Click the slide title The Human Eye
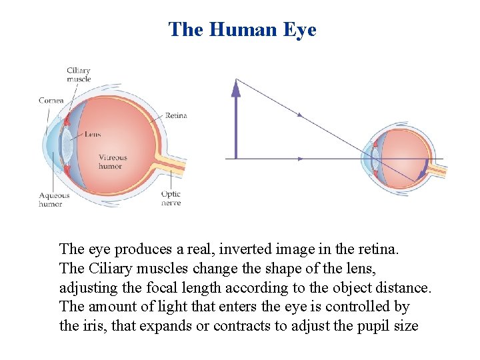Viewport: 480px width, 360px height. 242,29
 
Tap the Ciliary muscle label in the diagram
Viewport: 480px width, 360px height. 79,74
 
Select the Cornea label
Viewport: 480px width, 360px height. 51,101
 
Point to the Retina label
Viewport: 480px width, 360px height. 176,115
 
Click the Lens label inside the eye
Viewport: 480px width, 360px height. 93,134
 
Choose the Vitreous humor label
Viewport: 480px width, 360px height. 113,162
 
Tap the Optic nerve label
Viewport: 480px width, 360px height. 171,199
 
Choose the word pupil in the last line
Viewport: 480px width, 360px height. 367,326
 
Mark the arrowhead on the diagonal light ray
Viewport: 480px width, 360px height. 300,115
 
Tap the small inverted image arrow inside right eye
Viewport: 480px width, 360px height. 421,172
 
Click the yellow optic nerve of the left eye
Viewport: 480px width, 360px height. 170,167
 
